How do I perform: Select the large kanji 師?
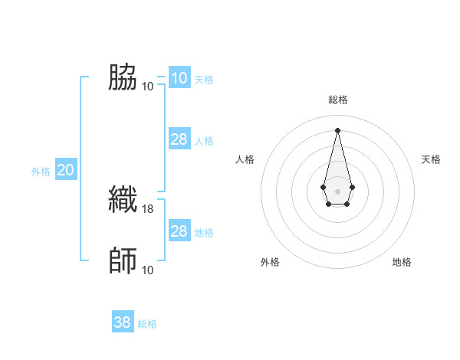coord(123,260)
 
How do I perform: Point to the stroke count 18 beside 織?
coord(148,208)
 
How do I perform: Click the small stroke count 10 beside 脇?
coord(148,86)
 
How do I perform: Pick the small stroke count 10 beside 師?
coord(148,270)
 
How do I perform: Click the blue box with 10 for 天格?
coord(179,78)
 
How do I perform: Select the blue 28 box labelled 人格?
coord(179,139)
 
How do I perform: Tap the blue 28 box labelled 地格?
coord(179,231)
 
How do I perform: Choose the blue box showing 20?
coord(65,171)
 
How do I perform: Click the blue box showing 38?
coord(123,322)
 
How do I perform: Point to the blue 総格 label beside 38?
coord(147,324)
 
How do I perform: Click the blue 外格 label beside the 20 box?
coord(41,172)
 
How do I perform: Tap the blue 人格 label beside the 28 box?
coord(204,141)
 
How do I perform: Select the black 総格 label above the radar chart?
coord(337,100)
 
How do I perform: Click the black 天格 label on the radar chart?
coord(431,159)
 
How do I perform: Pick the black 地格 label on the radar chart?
coord(402,262)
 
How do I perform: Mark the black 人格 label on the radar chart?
coord(245,159)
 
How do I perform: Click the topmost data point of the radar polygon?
coord(337,129)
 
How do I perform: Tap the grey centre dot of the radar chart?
coord(337,190)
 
